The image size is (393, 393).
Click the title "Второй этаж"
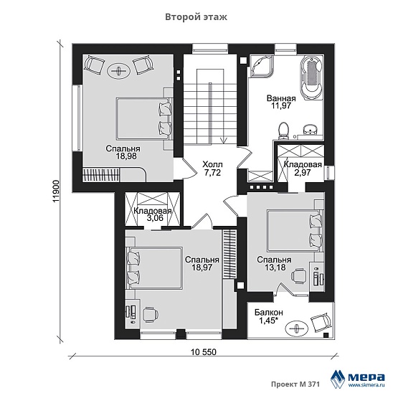click(x=196, y=17)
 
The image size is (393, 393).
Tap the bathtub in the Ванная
click(x=311, y=78)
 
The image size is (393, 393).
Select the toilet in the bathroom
click(x=284, y=131)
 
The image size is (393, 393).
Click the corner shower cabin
click(x=262, y=66)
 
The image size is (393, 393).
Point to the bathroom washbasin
click(x=311, y=130)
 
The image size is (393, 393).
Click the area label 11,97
click(x=281, y=105)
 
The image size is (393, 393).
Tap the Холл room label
click(x=212, y=165)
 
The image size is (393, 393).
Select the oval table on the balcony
click(x=297, y=328)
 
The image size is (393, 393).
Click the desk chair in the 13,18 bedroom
click(x=298, y=275)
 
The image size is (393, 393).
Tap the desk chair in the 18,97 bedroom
click(x=151, y=315)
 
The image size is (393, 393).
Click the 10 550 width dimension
click(x=203, y=352)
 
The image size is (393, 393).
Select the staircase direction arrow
click(x=223, y=140)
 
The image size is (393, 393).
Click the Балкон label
click(x=269, y=312)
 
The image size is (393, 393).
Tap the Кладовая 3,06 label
click(x=152, y=214)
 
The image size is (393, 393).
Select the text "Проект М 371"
click(x=295, y=384)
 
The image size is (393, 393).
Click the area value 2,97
click(x=303, y=173)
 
